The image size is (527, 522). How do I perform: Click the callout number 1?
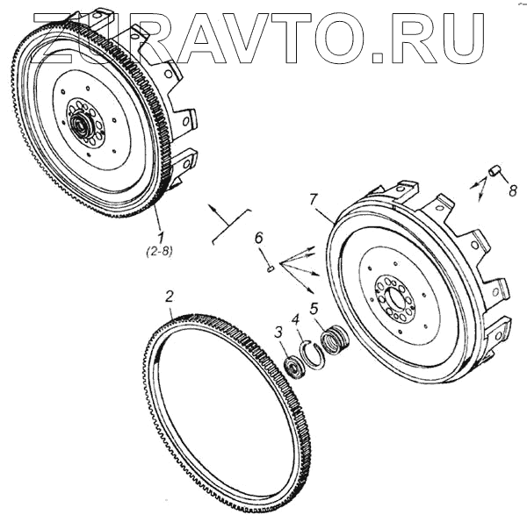pos(159,236)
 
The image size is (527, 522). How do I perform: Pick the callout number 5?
pos(315,310)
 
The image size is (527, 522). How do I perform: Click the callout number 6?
pos(258,239)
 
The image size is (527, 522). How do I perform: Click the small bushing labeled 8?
pos(495,169)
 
